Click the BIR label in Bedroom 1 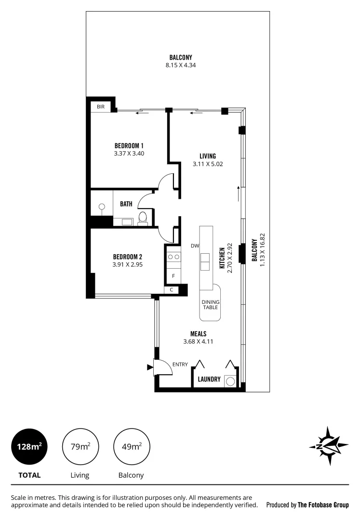[101, 106]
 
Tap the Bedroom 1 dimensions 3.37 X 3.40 [129, 154]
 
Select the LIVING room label [207, 156]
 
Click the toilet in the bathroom [142, 218]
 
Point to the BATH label [126, 204]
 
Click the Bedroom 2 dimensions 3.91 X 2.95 [127, 264]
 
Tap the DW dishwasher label [195, 246]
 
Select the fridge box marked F [173, 276]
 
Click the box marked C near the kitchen [172, 290]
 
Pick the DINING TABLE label [210, 304]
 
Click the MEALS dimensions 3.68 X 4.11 [198, 341]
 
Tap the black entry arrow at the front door [149, 367]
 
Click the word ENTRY [180, 364]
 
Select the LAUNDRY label [209, 379]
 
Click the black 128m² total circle [29, 446]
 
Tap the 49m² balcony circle [131, 446]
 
